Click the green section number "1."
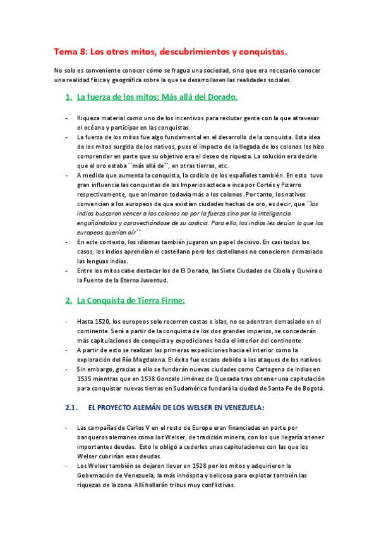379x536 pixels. tap(69, 97)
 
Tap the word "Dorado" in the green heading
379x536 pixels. tap(220, 97)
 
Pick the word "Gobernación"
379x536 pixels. tap(99, 475)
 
